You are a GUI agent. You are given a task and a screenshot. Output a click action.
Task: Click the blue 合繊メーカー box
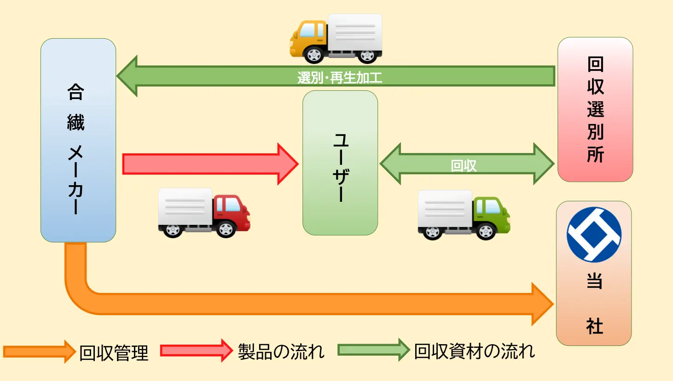point(78,141)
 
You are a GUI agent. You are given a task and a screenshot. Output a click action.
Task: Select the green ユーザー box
point(340,163)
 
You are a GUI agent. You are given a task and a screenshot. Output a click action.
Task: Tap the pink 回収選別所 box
point(595,110)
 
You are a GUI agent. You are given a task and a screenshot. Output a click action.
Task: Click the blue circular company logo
point(594,234)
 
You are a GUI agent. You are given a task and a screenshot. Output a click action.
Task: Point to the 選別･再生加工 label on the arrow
point(340,77)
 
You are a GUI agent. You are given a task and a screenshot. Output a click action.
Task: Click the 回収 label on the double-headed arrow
point(464,165)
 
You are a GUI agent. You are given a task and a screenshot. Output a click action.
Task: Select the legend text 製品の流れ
point(281,352)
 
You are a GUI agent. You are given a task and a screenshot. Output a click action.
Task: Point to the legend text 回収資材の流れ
point(474,351)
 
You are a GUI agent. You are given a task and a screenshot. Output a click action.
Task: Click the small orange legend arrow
point(39,352)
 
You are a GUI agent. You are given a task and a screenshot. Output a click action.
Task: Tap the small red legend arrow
point(196,351)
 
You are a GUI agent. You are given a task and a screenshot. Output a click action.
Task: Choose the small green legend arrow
point(373,350)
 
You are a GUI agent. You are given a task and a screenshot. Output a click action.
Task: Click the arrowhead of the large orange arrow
point(541,304)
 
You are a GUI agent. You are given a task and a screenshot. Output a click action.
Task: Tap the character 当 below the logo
point(594,281)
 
